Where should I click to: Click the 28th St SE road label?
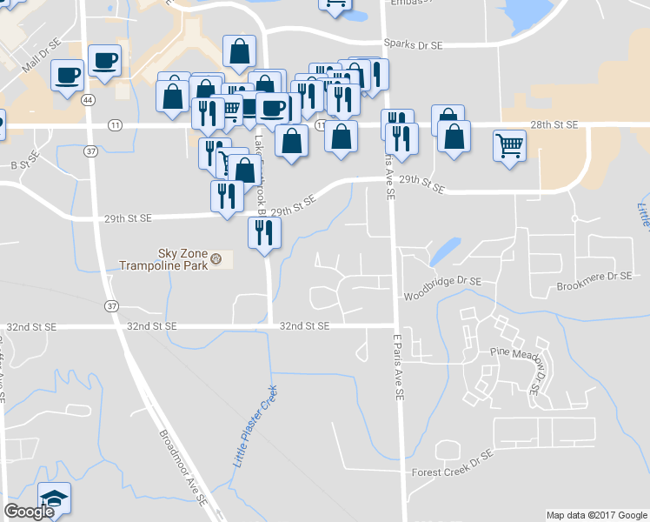tap(554, 125)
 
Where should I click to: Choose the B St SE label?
tap(26, 162)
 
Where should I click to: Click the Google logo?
tap(28, 512)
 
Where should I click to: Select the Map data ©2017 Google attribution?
tap(597, 515)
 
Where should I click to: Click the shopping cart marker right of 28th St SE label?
tap(508, 144)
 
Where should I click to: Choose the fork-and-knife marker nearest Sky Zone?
tap(264, 232)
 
